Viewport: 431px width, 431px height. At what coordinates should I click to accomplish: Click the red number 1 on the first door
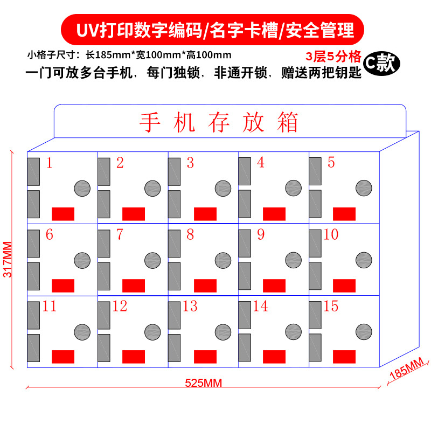coord(50,163)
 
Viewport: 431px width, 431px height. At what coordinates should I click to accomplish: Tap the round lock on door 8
coord(223,260)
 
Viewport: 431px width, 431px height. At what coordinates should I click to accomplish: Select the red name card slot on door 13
coord(205,357)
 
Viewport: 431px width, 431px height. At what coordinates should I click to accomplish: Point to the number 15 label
coord(331,307)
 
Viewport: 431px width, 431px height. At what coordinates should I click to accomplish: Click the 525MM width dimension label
coord(203,383)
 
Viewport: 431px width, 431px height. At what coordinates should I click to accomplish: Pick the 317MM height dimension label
coord(8,259)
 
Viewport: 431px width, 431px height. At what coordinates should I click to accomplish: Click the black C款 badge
coord(381,63)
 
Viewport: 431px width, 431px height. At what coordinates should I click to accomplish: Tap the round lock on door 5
coord(364,187)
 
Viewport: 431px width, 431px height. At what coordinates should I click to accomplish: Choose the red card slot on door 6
coord(63,286)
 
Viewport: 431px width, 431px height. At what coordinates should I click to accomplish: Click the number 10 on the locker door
coord(331,235)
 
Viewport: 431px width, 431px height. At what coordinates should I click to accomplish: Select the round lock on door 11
coord(82,331)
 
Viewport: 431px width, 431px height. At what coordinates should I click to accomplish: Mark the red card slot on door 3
coord(205,214)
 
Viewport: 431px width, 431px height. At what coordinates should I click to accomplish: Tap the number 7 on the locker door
coord(120,235)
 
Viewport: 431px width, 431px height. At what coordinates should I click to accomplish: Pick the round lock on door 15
coord(364,331)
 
